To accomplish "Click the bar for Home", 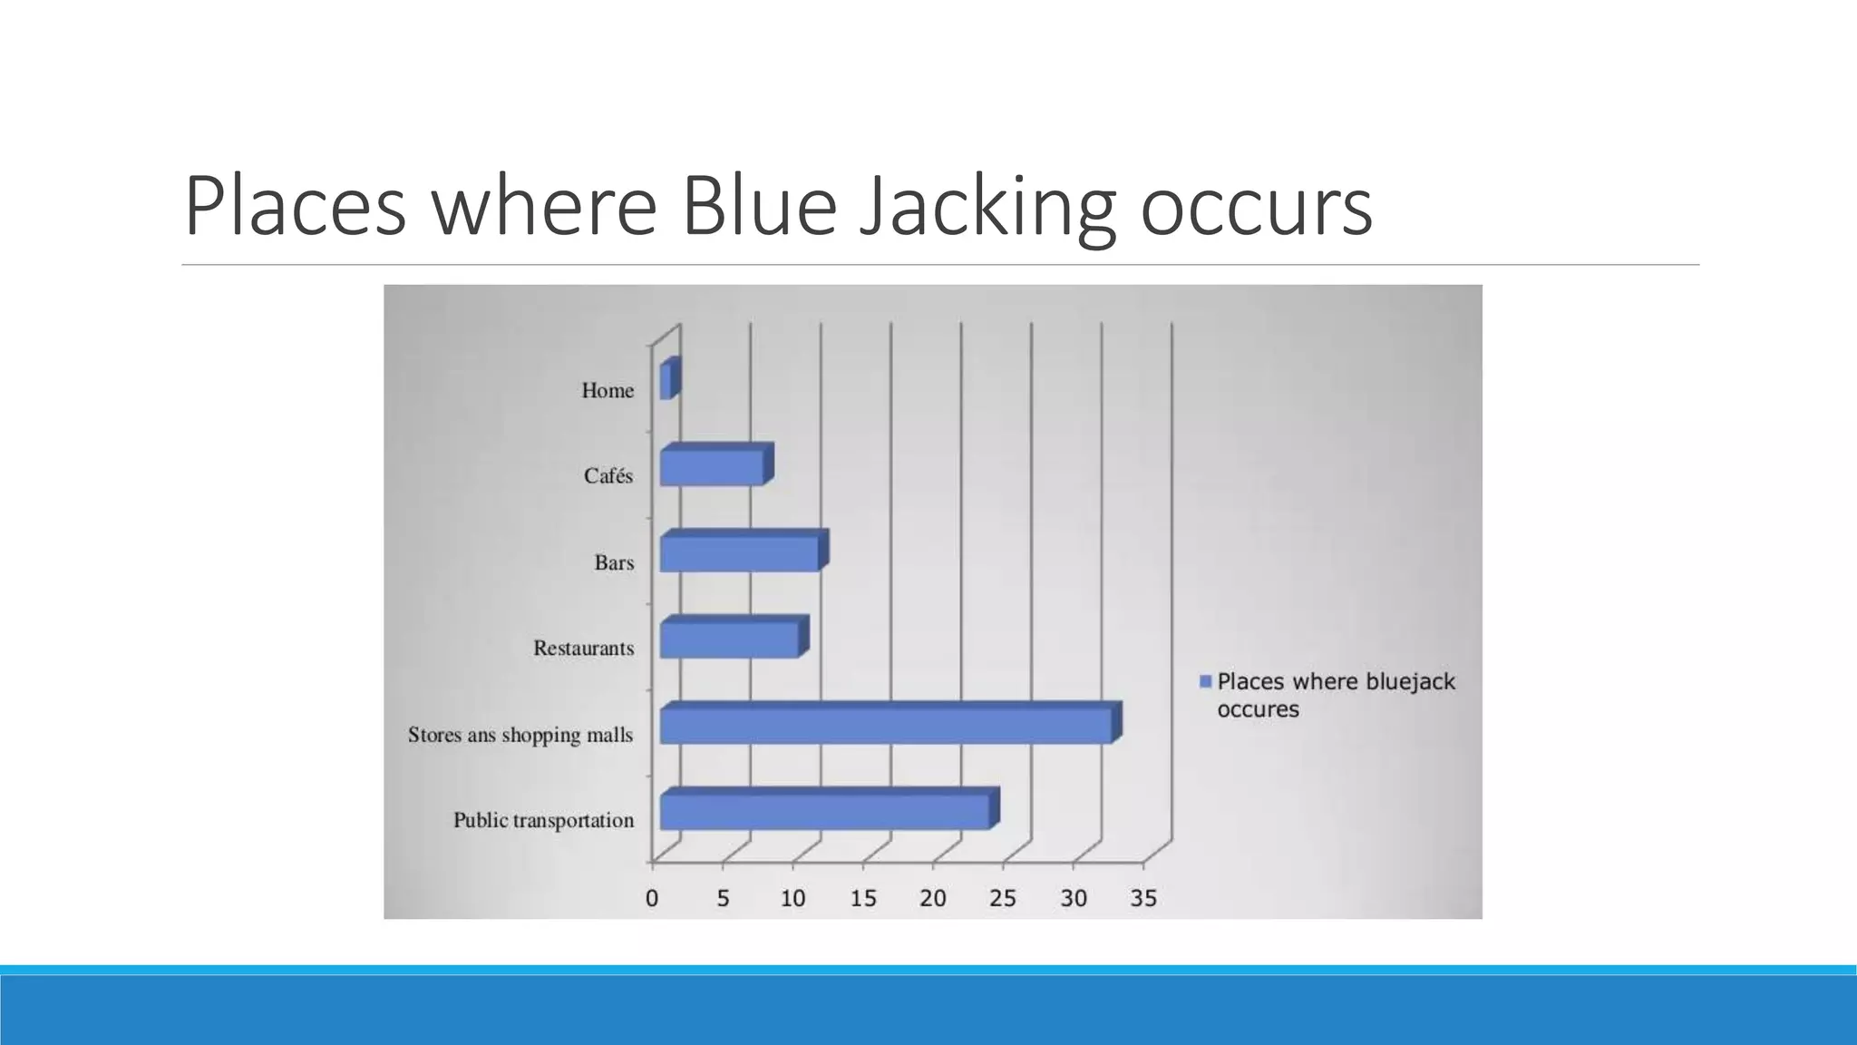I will (667, 381).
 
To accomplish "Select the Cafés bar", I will (713, 467).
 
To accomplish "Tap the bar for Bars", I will (740, 553).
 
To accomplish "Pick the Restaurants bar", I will (730, 640).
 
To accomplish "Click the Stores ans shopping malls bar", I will (886, 726).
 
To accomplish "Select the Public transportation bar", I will (825, 811).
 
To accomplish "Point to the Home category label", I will (608, 391).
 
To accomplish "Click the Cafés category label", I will (608, 476).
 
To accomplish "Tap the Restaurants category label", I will (583, 649).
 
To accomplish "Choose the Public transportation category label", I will (543, 821).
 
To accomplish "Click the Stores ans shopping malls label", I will (520, 735).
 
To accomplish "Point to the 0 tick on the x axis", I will (652, 899).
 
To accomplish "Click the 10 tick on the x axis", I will (792, 899).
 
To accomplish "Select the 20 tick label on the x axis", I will (933, 899).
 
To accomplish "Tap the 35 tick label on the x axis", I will (1143, 899).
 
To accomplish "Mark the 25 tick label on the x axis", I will (1003, 899).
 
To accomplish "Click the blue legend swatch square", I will (1205, 681).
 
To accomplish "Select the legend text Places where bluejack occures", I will (1335, 695).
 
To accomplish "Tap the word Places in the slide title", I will (295, 207).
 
